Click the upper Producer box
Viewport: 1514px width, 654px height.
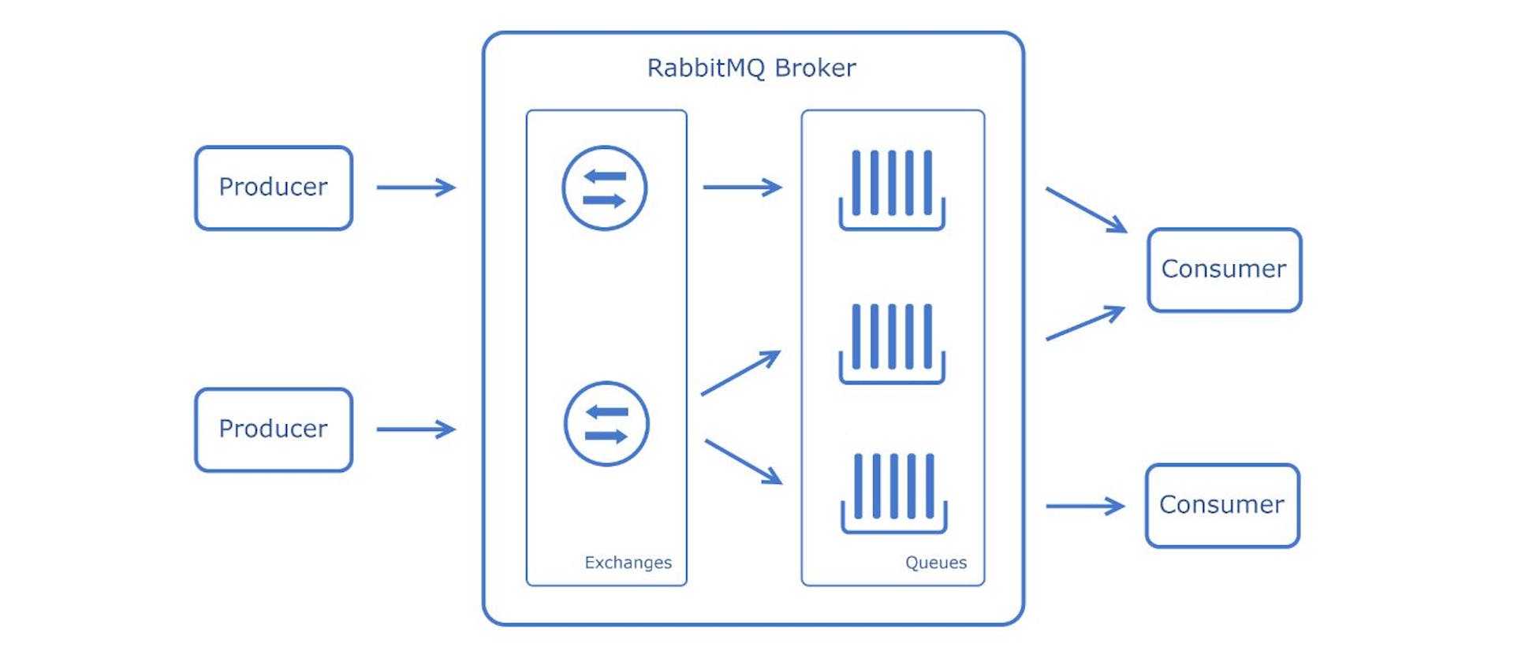click(x=273, y=188)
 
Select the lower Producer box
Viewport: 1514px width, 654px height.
click(x=273, y=429)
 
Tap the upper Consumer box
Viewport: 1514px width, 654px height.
click(x=1224, y=269)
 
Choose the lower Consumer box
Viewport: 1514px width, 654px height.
click(x=1222, y=505)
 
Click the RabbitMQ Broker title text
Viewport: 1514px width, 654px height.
click(x=751, y=68)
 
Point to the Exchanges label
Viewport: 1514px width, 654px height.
click(x=628, y=563)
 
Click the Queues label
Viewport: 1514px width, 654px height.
click(x=935, y=563)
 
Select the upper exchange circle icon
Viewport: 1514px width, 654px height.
click(x=604, y=188)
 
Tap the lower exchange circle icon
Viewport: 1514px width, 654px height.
click(x=606, y=424)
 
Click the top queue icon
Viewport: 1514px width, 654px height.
click(x=892, y=189)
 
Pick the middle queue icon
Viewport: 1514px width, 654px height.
click(x=892, y=343)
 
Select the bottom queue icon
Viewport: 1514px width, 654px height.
click(x=893, y=492)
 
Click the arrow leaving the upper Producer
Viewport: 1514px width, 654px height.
click(x=416, y=188)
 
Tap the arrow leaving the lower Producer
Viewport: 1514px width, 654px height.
click(x=416, y=429)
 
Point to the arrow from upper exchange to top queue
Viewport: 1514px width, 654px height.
click(x=741, y=188)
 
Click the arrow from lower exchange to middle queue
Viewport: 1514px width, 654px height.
click(x=740, y=373)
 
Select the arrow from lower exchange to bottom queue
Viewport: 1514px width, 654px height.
click(x=743, y=462)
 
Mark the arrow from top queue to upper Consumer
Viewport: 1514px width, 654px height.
click(x=1086, y=210)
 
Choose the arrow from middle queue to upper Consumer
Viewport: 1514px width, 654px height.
click(x=1085, y=323)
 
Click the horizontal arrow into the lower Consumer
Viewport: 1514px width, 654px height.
click(x=1084, y=506)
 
